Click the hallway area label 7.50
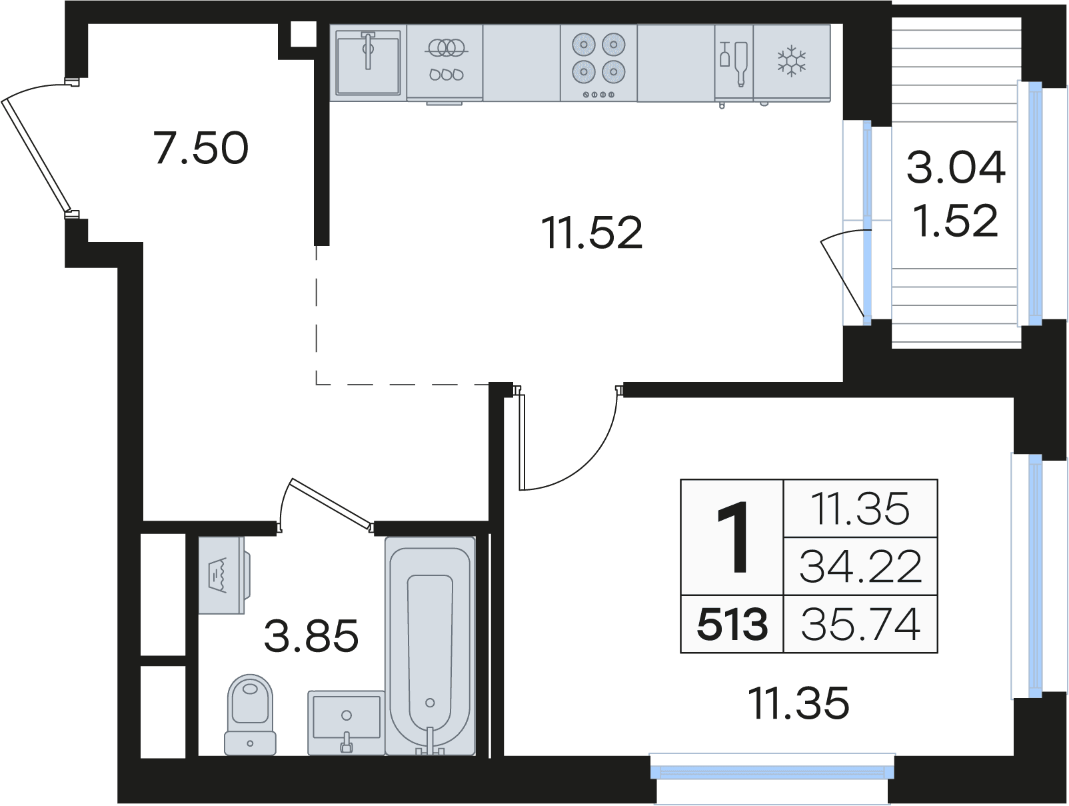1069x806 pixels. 201,147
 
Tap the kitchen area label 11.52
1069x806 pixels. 592,233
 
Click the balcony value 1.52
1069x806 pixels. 956,221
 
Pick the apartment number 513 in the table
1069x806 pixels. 732,625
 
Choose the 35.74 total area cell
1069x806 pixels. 860,625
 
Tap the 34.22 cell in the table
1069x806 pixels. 860,567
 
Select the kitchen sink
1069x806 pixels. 368,63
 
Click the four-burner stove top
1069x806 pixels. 598,63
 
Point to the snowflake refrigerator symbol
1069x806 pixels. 791,61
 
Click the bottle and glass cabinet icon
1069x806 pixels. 734,63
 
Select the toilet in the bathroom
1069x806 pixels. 250,715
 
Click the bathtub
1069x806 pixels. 430,646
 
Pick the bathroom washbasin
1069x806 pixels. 347,723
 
